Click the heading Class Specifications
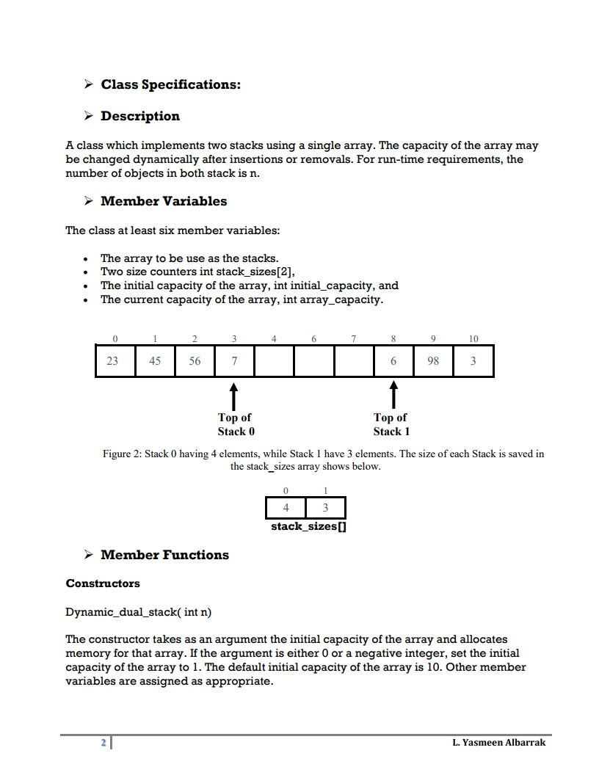point(170,84)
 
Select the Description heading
point(139,116)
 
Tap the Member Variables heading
point(164,201)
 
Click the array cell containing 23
point(115,361)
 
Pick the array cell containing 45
point(155,361)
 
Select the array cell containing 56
point(195,361)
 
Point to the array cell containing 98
point(433,361)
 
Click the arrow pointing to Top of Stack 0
point(234,396)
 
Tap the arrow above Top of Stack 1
point(394,395)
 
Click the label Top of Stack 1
point(391,424)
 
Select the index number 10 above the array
point(473,338)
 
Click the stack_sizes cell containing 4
point(286,509)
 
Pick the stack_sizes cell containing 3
point(325,509)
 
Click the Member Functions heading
point(164,555)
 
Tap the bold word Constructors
point(103,583)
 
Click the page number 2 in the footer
point(104,743)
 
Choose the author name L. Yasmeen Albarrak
point(499,743)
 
